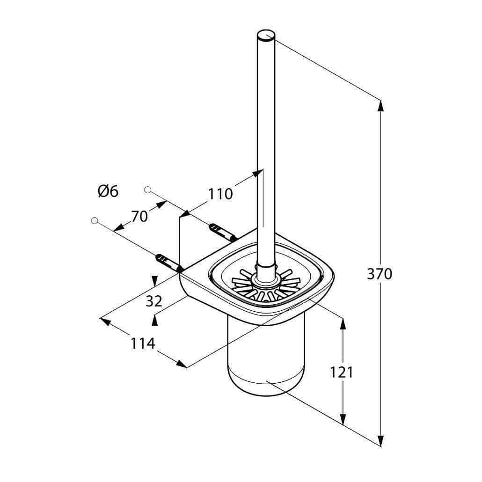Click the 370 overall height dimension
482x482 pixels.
coord(380,274)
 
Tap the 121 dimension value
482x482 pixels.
coord(342,372)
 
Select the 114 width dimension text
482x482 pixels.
coord(143,343)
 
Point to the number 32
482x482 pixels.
coord(153,301)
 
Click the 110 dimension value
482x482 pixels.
coord(220,194)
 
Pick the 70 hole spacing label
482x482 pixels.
coord(139,216)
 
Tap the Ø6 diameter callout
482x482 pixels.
coord(108,191)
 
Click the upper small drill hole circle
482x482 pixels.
coord(147,190)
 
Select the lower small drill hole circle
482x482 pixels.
coord(95,220)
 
